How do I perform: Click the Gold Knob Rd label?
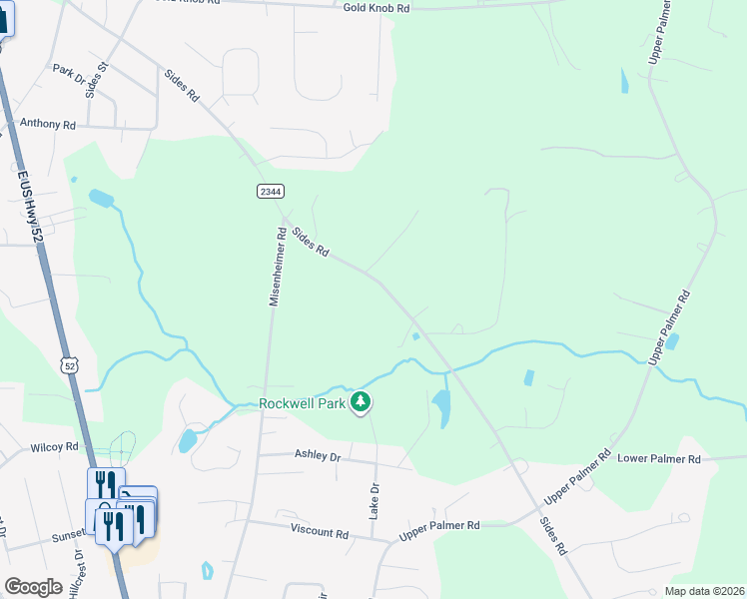pyautogui.click(x=376, y=7)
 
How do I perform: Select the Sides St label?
pyautogui.click(x=95, y=80)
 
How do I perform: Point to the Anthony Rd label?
pyautogui.click(x=47, y=125)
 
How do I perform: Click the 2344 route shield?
pyautogui.click(x=270, y=191)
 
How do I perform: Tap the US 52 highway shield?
pyautogui.click(x=68, y=366)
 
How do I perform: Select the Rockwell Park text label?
pyautogui.click(x=302, y=403)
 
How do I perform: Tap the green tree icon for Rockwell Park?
pyautogui.click(x=361, y=403)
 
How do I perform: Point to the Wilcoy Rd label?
pyautogui.click(x=54, y=447)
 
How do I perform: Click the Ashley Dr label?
pyautogui.click(x=318, y=455)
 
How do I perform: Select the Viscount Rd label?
pyautogui.click(x=320, y=531)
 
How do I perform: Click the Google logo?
pyautogui.click(x=33, y=587)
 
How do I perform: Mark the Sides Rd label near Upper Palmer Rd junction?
pyautogui.click(x=552, y=535)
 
